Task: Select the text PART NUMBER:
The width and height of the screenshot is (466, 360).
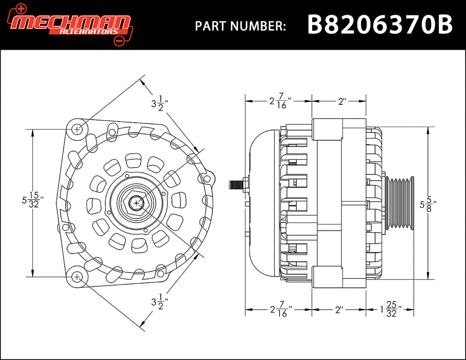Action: point(240,26)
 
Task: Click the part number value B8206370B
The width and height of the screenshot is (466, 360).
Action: point(379,25)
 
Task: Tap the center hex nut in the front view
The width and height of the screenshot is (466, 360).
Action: point(136,203)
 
